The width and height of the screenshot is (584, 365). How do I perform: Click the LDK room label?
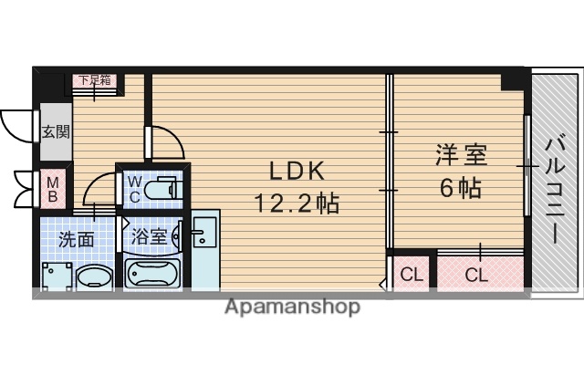click(x=297, y=172)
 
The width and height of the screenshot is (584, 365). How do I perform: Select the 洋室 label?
click(x=460, y=155)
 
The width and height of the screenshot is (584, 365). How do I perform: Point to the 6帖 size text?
click(x=460, y=189)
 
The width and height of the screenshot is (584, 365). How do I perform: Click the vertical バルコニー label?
click(x=554, y=189)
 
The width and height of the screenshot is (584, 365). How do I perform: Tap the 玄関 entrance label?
click(x=53, y=132)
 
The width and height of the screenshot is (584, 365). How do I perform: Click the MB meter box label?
click(x=53, y=188)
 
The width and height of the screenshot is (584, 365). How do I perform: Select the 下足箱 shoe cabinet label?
click(x=93, y=79)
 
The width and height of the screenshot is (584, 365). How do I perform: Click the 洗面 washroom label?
click(x=77, y=240)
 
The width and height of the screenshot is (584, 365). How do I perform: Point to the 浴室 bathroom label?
click(x=150, y=236)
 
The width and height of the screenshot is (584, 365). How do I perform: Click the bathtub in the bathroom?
click(x=153, y=273)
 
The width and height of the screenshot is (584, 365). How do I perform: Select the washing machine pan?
click(x=57, y=275)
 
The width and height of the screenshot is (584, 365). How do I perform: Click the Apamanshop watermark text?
click(x=292, y=307)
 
